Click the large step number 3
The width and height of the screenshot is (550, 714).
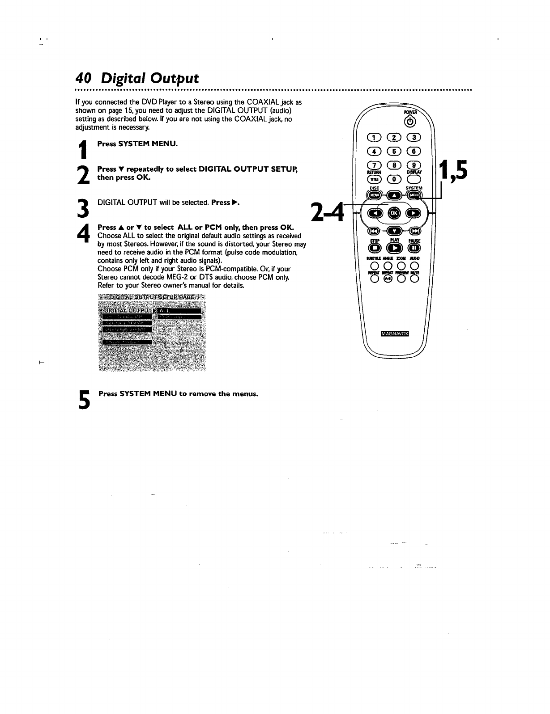[x=82, y=208]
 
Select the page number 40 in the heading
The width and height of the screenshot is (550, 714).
[x=83, y=78]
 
